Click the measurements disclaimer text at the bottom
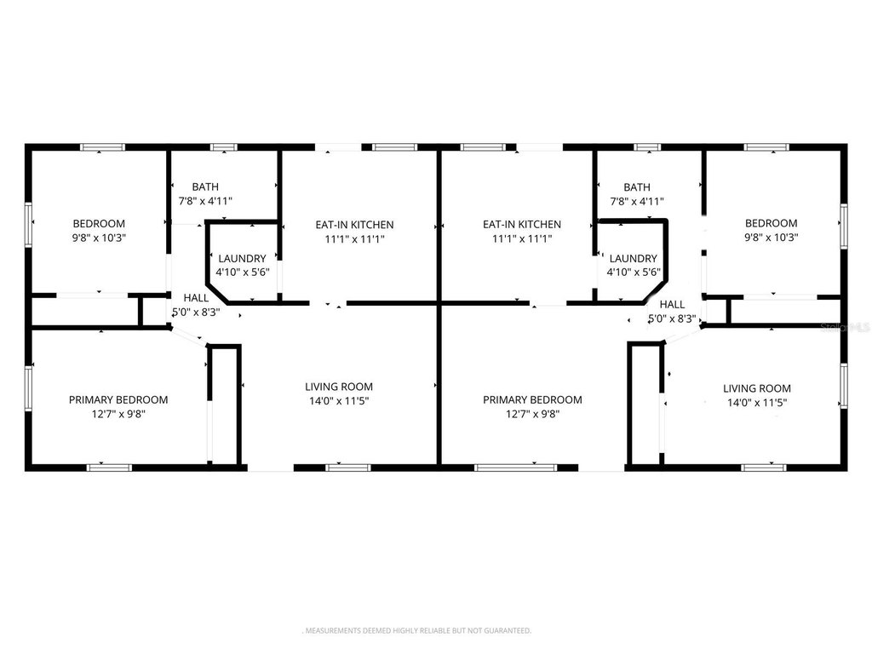click(417, 631)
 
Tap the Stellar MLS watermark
click(846, 328)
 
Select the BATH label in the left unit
click(205, 186)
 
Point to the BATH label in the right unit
click(637, 186)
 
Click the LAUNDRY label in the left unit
click(242, 258)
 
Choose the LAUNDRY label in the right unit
click(633, 258)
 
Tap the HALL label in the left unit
click(197, 297)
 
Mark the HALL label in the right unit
click(673, 304)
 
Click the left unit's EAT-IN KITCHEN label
click(355, 225)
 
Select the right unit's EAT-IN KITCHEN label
click(522, 224)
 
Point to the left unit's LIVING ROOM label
click(339, 387)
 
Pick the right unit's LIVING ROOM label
click(757, 388)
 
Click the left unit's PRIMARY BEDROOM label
click(118, 399)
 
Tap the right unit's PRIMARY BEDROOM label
click(532, 399)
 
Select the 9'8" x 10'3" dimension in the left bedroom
click(100, 238)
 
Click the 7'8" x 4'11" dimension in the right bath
click(637, 201)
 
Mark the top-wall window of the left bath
click(224, 147)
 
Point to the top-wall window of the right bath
click(647, 147)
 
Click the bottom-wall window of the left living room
click(348, 468)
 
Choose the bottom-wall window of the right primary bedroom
click(515, 468)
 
